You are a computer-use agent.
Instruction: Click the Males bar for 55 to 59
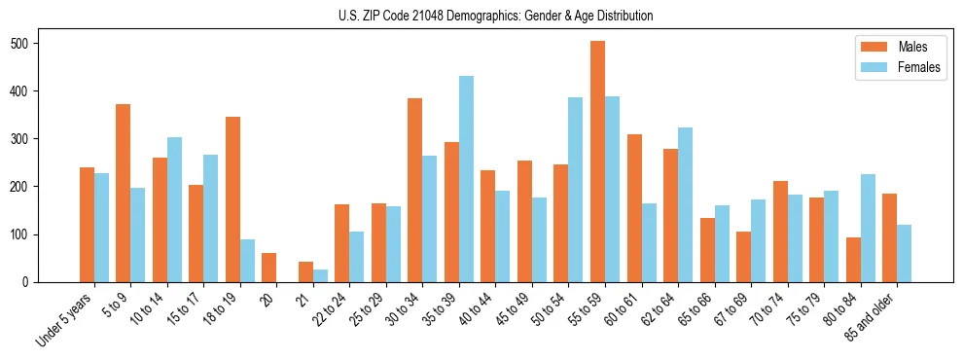[597, 162]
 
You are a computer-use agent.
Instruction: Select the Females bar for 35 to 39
[466, 179]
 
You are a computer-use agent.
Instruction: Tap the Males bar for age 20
[268, 268]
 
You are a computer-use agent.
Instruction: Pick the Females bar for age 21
[320, 275]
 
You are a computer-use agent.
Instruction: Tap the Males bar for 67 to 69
[743, 257]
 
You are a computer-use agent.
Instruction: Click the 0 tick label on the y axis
[31, 282]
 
